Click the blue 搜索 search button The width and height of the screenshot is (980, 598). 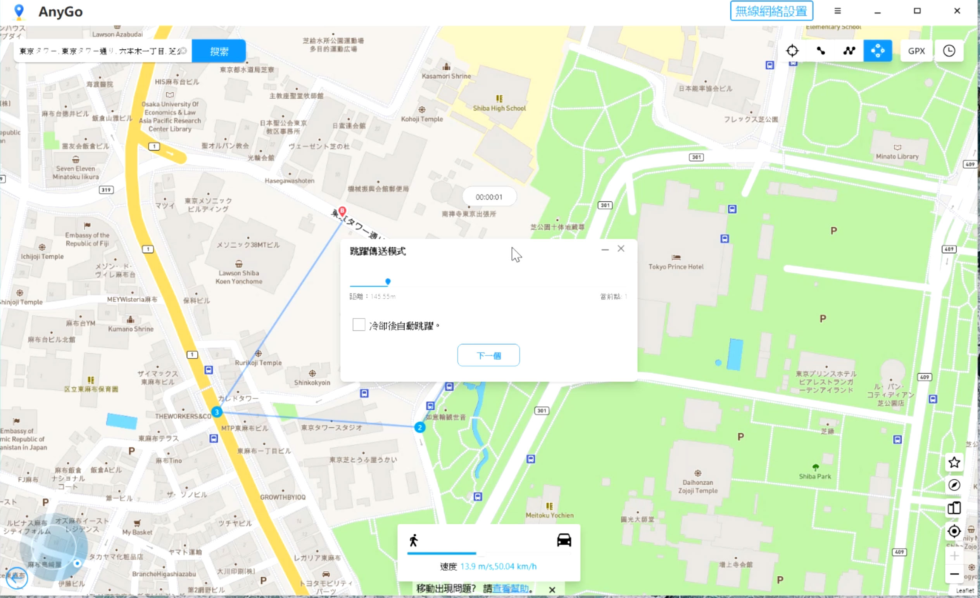coord(219,51)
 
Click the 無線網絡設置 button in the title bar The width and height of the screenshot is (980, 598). coord(771,11)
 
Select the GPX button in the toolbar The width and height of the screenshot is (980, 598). coord(916,51)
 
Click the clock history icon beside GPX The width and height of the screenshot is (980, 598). coord(949,51)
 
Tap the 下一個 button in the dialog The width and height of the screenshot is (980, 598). coord(488,355)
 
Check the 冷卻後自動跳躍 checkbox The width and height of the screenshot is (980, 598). coord(359,325)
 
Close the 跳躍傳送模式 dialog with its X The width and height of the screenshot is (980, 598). coord(621,249)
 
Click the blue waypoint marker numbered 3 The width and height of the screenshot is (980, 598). coord(217,412)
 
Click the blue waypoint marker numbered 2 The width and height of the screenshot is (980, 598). coord(419,427)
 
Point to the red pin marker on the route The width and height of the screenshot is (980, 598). coord(342,211)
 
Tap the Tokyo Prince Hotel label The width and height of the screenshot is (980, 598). coord(676,266)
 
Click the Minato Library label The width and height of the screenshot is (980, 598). coord(897,156)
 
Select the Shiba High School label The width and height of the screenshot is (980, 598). coord(499,108)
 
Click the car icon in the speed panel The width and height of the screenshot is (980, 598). coord(564,540)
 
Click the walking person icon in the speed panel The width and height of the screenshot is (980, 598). coord(414,540)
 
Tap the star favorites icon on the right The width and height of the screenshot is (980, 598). coord(954,462)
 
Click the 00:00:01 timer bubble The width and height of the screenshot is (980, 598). coord(489,197)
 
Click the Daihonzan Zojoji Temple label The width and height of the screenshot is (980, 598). coord(698,486)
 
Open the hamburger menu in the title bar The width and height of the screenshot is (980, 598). coord(837,11)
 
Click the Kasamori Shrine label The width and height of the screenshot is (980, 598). coord(446,76)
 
